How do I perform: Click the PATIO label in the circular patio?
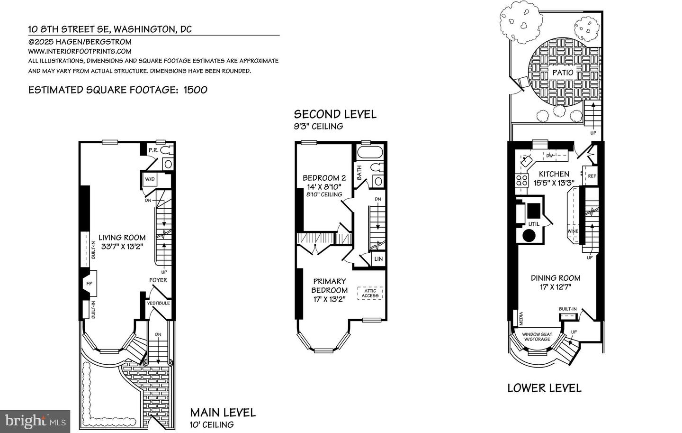click(x=563, y=73)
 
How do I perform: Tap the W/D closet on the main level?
click(x=150, y=180)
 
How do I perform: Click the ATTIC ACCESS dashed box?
click(x=370, y=293)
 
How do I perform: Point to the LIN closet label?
click(x=378, y=259)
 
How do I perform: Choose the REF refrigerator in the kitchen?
click(x=592, y=175)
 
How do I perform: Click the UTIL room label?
click(x=533, y=224)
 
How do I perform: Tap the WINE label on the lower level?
click(x=573, y=231)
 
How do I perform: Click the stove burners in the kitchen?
click(x=521, y=180)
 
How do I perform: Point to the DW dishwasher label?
click(x=550, y=156)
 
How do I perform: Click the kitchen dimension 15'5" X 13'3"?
click(x=554, y=183)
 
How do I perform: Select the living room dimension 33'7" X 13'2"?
click(x=122, y=246)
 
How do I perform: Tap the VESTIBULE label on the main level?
click(x=158, y=303)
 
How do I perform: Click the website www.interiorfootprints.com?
click(x=80, y=51)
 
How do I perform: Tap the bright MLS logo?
click(x=36, y=421)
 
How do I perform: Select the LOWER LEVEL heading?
click(x=544, y=388)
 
